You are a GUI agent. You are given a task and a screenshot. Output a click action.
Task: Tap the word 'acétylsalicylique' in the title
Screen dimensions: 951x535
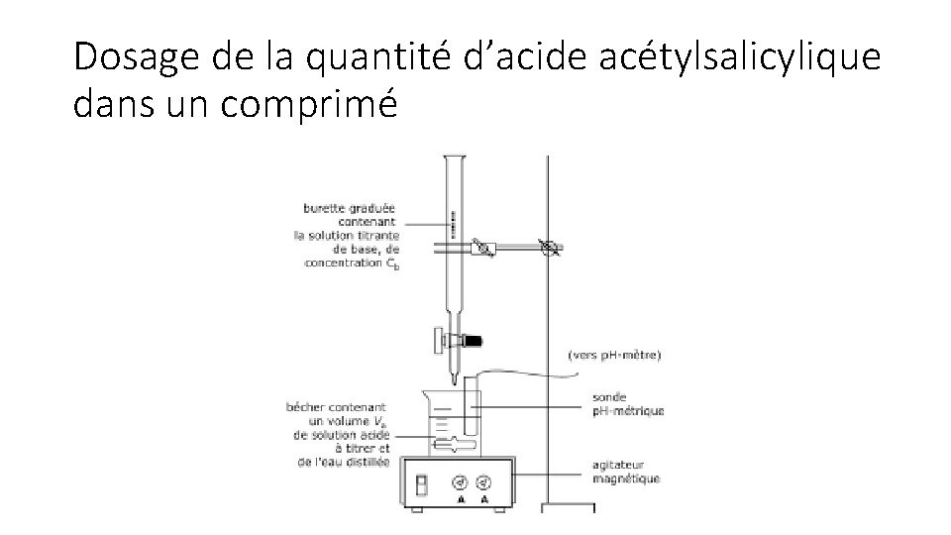(738, 58)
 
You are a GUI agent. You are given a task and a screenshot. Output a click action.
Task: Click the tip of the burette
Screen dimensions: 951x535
(454, 380)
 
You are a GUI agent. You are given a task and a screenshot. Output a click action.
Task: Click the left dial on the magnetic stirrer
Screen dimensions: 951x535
(459, 482)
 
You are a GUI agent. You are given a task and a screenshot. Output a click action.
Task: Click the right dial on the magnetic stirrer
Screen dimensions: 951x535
(484, 482)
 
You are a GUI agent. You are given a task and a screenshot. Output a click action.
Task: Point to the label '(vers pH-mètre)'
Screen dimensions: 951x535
(615, 354)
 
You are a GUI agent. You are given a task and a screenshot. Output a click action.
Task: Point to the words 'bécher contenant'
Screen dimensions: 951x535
(337, 406)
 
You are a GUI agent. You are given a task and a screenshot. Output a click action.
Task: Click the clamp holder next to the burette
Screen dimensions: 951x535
(484, 249)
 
